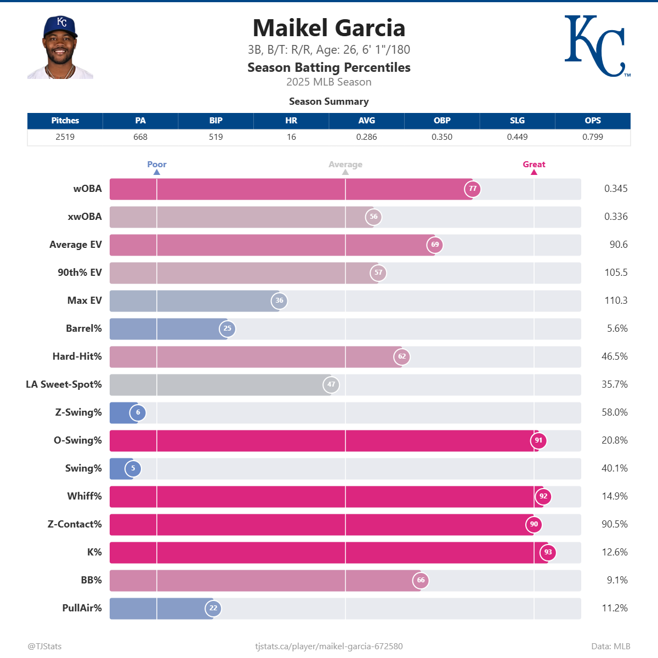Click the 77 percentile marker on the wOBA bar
[473, 189]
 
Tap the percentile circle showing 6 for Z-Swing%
[138, 412]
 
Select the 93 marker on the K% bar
[548, 552]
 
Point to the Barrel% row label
[84, 328]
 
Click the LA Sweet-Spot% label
[64, 384]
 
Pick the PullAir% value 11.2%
[615, 608]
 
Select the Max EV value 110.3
[616, 300]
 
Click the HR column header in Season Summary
[291, 121]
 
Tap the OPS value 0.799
[593, 137]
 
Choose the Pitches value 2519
[65, 137]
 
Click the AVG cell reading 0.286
[366, 137]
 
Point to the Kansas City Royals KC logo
[596, 46]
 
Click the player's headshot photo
[60, 48]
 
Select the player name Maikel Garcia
[329, 28]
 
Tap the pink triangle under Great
[534, 172]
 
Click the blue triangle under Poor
[157, 172]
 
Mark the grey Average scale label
[345, 164]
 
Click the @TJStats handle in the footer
[44, 646]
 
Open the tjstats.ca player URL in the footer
[329, 646]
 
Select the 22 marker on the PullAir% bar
[213, 608]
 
